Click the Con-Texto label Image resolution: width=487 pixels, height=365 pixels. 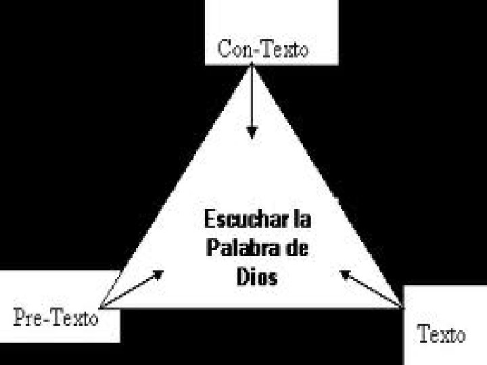click(263, 49)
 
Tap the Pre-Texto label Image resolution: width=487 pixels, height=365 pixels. click(56, 316)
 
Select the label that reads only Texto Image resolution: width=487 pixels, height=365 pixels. click(441, 333)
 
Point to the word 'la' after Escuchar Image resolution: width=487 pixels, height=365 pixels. click(303, 220)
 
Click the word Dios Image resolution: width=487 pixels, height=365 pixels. click(257, 277)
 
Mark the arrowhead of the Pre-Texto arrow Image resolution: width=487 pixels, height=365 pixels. click(159, 274)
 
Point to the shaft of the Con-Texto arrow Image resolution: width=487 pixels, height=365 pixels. click(253, 95)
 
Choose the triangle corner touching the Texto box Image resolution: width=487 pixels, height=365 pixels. click(403, 308)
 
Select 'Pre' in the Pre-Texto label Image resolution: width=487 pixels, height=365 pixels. click(28, 316)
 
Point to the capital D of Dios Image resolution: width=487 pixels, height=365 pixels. click(243, 277)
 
